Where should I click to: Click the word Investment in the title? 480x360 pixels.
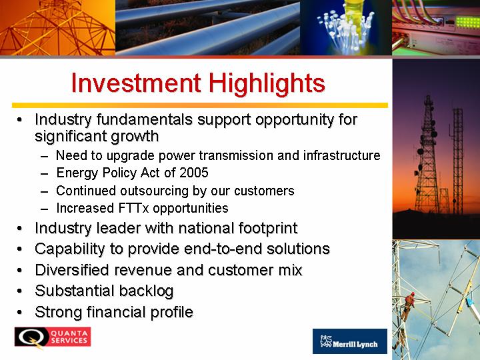[x=136, y=83]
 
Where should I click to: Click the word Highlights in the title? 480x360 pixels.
[x=267, y=84]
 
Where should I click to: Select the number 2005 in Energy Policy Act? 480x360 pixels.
[x=194, y=173]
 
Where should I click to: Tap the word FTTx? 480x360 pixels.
[x=133, y=208]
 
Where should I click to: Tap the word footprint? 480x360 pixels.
[x=268, y=229]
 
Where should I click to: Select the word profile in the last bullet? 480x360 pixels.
[x=171, y=312]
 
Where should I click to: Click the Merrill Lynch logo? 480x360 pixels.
[x=349, y=341]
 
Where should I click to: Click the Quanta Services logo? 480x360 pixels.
[x=53, y=337]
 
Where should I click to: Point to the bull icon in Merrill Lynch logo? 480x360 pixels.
[x=326, y=341]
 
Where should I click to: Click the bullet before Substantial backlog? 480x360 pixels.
[x=19, y=291]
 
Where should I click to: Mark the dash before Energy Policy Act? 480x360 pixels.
[x=45, y=174]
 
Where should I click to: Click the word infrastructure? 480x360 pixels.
[x=341, y=155]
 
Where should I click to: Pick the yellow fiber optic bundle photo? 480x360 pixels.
[x=346, y=27]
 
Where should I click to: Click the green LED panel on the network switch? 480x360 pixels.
[x=467, y=23]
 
